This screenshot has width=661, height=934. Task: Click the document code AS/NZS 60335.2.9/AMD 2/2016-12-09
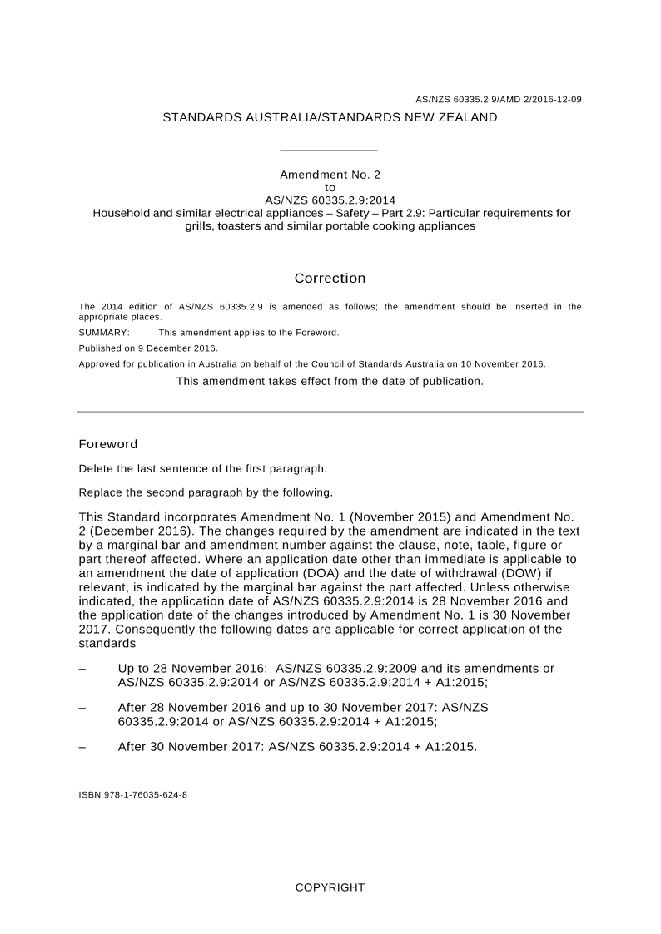(x=498, y=100)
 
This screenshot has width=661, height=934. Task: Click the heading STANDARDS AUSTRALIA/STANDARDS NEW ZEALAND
(x=330, y=117)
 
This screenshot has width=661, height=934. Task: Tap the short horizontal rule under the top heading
(x=330, y=151)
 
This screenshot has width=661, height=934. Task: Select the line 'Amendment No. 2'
(x=330, y=175)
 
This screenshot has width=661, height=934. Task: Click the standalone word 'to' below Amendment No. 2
(x=330, y=188)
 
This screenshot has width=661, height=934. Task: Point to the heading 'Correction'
(x=330, y=279)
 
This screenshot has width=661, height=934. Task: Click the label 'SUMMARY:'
(x=104, y=333)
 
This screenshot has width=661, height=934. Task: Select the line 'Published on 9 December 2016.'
(x=148, y=348)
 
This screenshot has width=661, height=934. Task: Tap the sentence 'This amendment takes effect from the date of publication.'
(x=330, y=381)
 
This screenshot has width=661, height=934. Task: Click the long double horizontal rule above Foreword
(x=330, y=412)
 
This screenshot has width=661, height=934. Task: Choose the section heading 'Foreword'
(x=108, y=445)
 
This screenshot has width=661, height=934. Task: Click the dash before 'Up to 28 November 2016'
(x=82, y=669)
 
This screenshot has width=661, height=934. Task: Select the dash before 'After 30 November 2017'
(x=82, y=747)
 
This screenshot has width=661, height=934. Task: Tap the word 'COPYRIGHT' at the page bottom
(x=330, y=887)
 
